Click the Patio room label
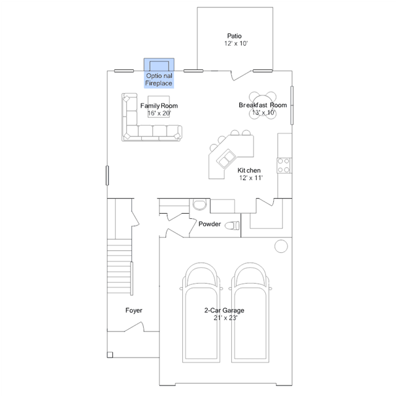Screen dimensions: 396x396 pyautogui.click(x=234, y=36)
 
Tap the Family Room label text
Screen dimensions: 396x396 pyautogui.click(x=159, y=105)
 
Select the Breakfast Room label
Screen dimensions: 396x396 pyautogui.click(x=263, y=105)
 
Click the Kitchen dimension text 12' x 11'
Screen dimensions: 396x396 pyautogui.click(x=251, y=178)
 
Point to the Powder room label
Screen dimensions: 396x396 pyautogui.click(x=209, y=224)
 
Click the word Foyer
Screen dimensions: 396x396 pyautogui.click(x=134, y=310)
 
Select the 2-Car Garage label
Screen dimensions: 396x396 pyautogui.click(x=224, y=310)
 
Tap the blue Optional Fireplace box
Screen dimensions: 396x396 pyautogui.click(x=159, y=73)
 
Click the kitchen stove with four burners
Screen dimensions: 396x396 pyautogui.click(x=284, y=165)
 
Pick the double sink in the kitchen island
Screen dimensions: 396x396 pyautogui.click(x=226, y=159)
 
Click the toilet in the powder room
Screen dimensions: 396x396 pyautogui.click(x=232, y=226)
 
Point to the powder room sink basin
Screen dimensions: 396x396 pyautogui.click(x=200, y=205)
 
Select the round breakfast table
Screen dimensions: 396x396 pyautogui.click(x=263, y=105)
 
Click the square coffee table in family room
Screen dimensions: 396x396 pyautogui.click(x=159, y=107)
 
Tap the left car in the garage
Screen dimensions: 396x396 pyautogui.click(x=201, y=313)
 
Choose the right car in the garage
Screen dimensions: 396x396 pyautogui.click(x=250, y=313)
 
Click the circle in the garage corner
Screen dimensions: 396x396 pyautogui.click(x=281, y=246)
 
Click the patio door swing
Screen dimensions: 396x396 pyautogui.click(x=242, y=75)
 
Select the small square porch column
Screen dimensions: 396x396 pyautogui.click(x=110, y=355)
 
